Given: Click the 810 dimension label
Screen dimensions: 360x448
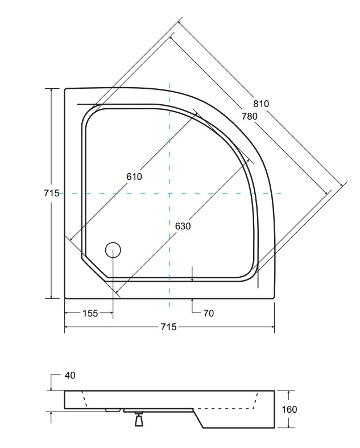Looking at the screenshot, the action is (261, 104).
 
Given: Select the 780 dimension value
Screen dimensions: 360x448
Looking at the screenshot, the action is (250, 116).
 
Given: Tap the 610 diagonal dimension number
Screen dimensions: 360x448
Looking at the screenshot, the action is (134, 176).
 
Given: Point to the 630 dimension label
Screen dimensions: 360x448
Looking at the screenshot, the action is (183, 226).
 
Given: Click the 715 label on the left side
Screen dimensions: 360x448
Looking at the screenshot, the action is (52, 193).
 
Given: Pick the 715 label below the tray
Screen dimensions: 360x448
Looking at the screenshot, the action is (169, 327).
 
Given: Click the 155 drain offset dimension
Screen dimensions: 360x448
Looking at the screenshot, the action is (90, 313).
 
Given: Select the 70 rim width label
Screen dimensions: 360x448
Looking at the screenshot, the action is (209, 313).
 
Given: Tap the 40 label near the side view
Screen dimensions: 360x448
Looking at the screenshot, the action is (70, 375).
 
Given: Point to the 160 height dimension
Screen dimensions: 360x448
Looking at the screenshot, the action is (289, 409).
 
